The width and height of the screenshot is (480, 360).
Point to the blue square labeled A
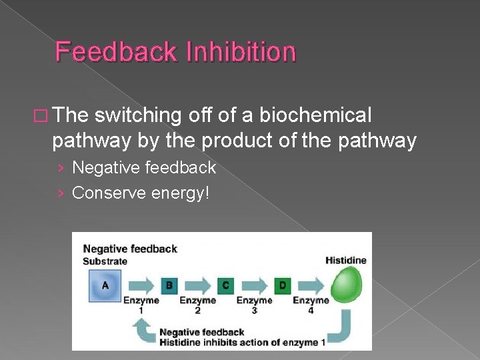pyautogui.click(x=104, y=285)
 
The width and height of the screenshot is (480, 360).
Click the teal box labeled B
pyautogui.click(x=169, y=285)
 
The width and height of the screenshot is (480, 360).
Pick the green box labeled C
pyautogui.click(x=225, y=285)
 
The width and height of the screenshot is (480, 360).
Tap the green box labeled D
pyautogui.click(x=282, y=285)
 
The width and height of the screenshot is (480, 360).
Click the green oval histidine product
pyautogui.click(x=345, y=285)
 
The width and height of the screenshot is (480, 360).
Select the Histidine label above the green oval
pyautogui.click(x=345, y=260)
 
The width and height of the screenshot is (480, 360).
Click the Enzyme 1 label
pyautogui.click(x=141, y=305)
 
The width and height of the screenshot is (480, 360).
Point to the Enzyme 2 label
pyautogui.click(x=197, y=305)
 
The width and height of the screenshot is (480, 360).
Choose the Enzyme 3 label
pyautogui.click(x=254, y=305)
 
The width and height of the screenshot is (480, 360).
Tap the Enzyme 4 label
pyautogui.click(x=311, y=305)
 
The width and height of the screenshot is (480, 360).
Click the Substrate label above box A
pyautogui.click(x=105, y=261)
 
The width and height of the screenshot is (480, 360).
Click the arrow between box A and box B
pyautogui.click(x=140, y=285)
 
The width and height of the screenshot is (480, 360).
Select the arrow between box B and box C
pyautogui.click(x=197, y=285)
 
